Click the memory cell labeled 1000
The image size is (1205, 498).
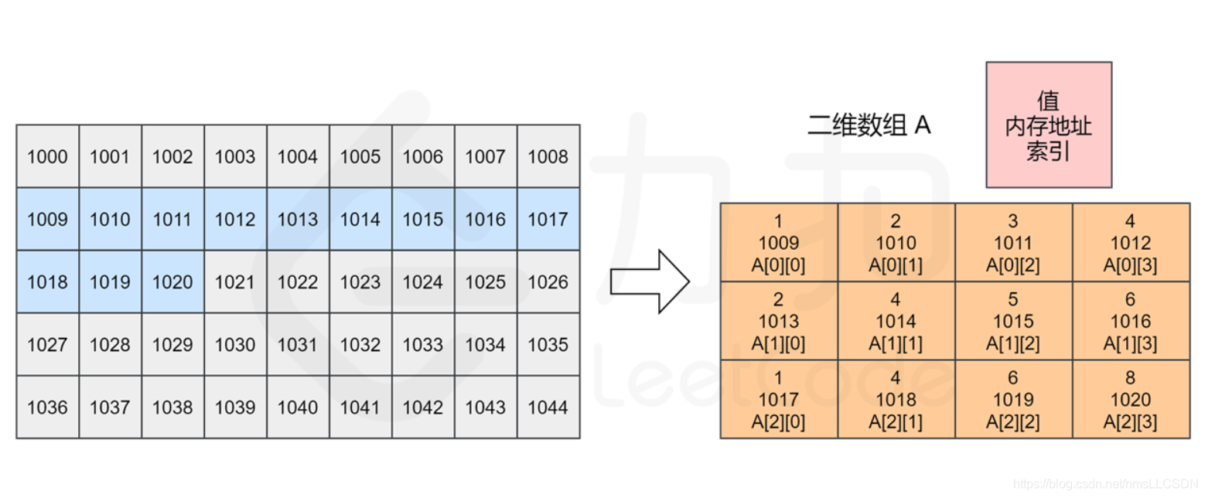[x=47, y=157]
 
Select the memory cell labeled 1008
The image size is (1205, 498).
[x=548, y=157]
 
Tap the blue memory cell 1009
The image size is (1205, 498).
[x=47, y=220]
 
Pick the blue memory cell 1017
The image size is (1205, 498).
[x=548, y=220]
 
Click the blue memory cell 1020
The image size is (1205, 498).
[x=172, y=282]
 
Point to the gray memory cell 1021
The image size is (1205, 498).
[x=235, y=282]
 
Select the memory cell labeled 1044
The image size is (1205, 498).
[x=548, y=408]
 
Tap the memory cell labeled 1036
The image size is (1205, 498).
[x=47, y=408]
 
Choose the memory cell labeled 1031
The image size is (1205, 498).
[x=298, y=345]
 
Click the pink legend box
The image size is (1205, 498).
[x=1048, y=124]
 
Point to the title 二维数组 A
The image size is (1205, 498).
[x=869, y=125]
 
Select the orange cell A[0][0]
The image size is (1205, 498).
[x=779, y=243]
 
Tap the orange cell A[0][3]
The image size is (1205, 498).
[x=1131, y=243]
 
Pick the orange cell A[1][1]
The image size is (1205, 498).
[x=896, y=321]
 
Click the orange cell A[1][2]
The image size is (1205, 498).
[x=1013, y=321]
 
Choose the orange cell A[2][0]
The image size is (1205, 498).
[x=779, y=400]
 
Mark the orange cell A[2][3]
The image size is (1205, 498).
[x=1131, y=400]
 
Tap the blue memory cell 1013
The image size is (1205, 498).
[x=298, y=220]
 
